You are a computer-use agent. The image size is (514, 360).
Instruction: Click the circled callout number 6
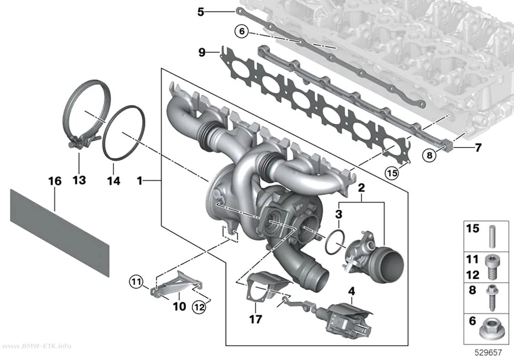[x=242, y=31]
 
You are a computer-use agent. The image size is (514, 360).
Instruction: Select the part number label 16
[x=55, y=181]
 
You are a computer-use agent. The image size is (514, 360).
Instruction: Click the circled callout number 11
[x=137, y=281]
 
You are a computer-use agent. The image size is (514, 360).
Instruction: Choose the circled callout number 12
[x=199, y=307]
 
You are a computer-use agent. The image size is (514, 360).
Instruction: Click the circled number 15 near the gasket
[x=392, y=172]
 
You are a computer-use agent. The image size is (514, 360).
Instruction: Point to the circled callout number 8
[x=429, y=154]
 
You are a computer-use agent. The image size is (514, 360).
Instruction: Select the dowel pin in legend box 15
[x=492, y=237]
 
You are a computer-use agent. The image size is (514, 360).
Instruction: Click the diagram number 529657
[x=488, y=353]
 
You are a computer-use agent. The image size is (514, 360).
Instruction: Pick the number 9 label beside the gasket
[x=202, y=52]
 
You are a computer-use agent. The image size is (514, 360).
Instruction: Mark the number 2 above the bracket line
[x=361, y=188]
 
